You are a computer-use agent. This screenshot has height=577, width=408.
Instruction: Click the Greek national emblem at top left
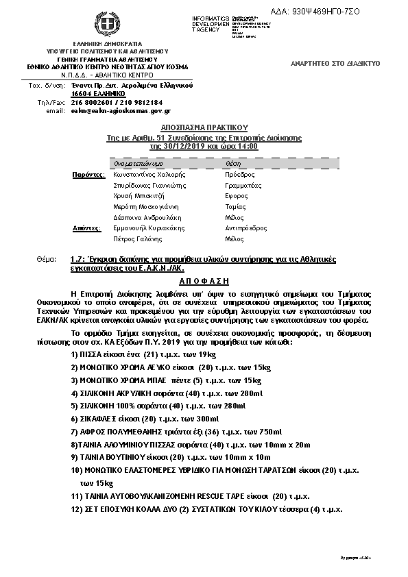click(106, 25)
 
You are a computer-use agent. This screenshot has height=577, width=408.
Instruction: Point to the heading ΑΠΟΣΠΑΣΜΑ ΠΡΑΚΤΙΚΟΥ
click(203, 127)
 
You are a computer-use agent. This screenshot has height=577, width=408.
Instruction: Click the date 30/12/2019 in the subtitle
click(167, 147)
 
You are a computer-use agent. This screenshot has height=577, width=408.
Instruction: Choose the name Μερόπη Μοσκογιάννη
click(146, 206)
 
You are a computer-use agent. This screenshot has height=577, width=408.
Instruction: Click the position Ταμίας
click(235, 206)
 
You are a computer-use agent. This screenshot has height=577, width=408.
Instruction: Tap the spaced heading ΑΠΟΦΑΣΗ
click(203, 281)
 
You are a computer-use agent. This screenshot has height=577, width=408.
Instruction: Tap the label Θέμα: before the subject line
click(47, 260)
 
